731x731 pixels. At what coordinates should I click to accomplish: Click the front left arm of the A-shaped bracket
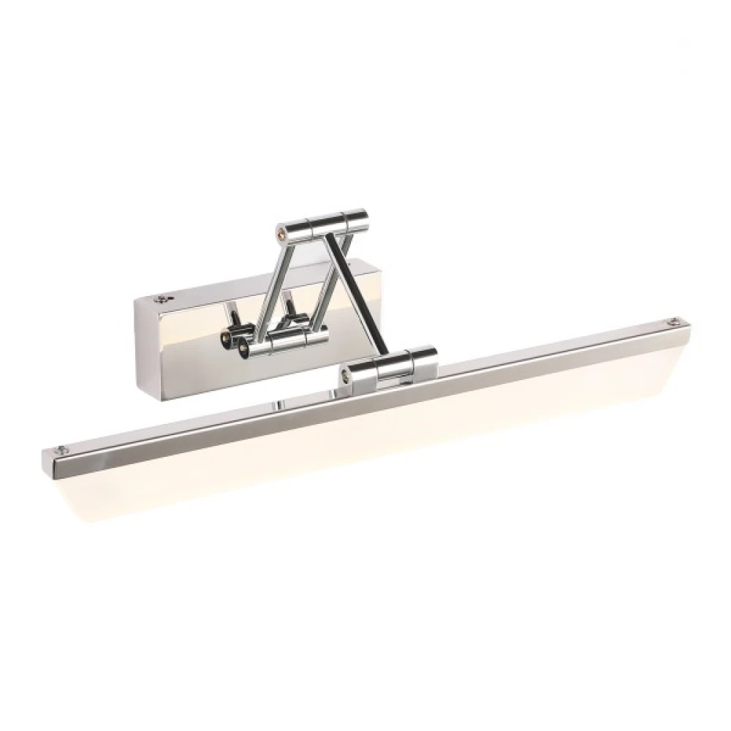(265, 285)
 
